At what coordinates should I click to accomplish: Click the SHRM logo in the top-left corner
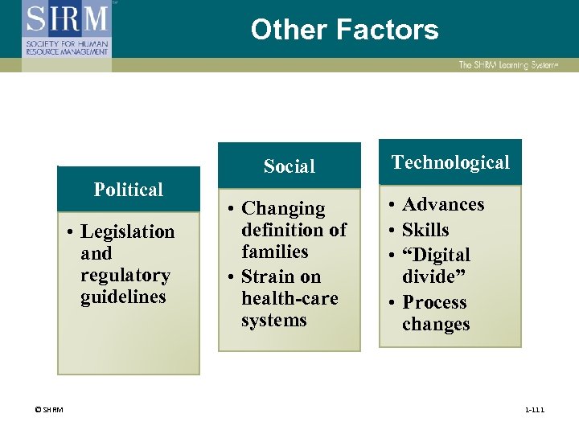[67, 30]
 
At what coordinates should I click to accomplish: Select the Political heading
[129, 190]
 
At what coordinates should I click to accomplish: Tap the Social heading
[289, 166]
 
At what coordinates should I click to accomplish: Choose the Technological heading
[450, 162]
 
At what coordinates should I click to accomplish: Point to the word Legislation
[128, 231]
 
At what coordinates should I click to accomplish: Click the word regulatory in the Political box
[125, 276]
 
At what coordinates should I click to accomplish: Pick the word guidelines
[123, 297]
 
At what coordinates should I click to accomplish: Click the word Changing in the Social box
[283, 209]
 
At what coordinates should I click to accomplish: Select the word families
[275, 252]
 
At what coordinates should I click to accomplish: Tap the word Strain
[269, 277]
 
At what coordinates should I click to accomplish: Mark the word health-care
[289, 298]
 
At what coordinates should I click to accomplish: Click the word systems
[274, 320]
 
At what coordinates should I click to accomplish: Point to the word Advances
[443, 204]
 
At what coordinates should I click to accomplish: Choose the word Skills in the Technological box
[425, 230]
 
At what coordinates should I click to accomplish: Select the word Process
[434, 302]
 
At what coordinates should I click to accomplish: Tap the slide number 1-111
[534, 411]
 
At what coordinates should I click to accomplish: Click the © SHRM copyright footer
[49, 411]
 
